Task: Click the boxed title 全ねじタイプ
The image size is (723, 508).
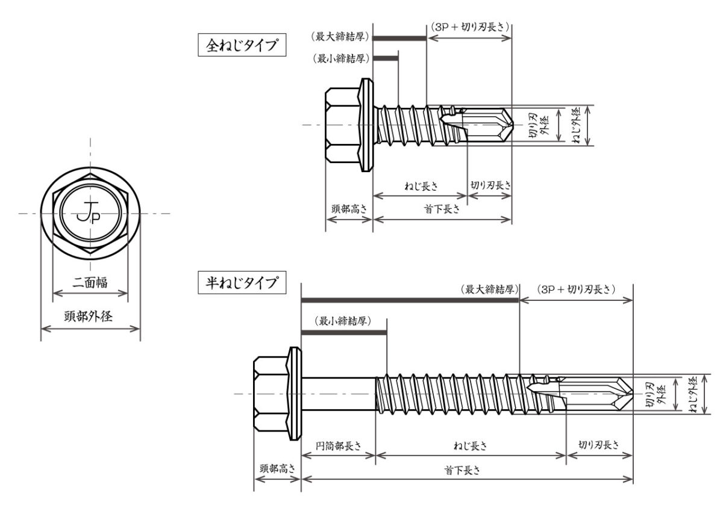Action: [x=242, y=46]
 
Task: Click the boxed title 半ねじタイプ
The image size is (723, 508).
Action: [x=242, y=282]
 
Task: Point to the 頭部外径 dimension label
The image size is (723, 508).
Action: [x=90, y=315]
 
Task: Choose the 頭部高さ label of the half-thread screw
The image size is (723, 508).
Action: [x=277, y=468]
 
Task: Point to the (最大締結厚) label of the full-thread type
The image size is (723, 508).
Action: [x=340, y=37]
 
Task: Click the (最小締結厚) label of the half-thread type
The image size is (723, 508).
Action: [x=343, y=320]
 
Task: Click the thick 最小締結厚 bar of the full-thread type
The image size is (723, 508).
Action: [x=386, y=58]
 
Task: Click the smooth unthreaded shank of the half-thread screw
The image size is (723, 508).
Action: [x=337, y=394]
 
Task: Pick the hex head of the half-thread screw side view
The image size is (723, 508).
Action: [x=270, y=394]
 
